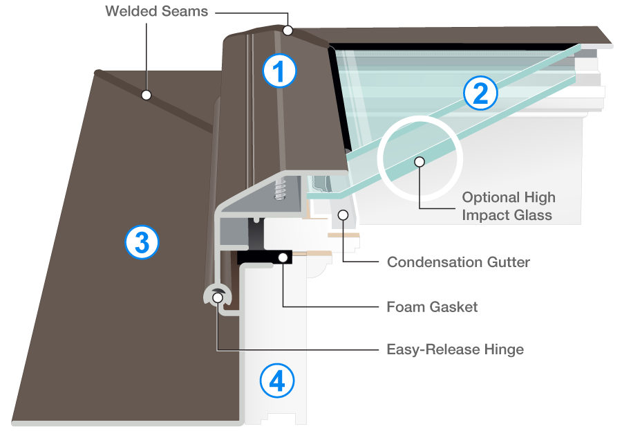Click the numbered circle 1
tap(279, 71)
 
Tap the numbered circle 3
tap(142, 242)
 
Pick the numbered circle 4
tap(277, 381)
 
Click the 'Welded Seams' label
tap(156, 12)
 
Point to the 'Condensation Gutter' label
tap(458, 262)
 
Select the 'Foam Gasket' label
tap(432, 307)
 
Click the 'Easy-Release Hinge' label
tap(455, 349)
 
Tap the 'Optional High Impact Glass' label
tap(508, 206)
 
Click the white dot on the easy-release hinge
tap(218, 298)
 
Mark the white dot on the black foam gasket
tap(283, 257)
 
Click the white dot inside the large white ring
tap(417, 161)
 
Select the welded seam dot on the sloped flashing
tap(146, 94)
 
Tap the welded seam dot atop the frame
tap(288, 30)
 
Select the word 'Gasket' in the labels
tap(453, 307)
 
